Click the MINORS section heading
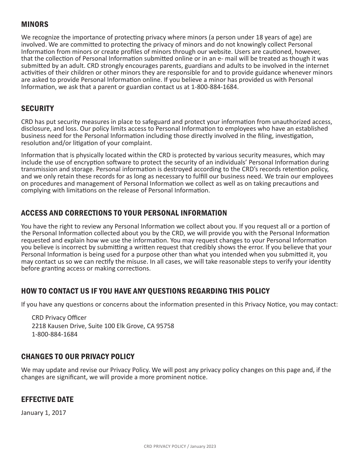35,25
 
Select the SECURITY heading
38,109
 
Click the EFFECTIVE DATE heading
47,399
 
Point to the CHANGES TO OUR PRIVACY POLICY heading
78,357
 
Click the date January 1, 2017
44,413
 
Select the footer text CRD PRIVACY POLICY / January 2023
180,446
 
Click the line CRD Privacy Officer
59,317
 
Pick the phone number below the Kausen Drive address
55,334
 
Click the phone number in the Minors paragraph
215,87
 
